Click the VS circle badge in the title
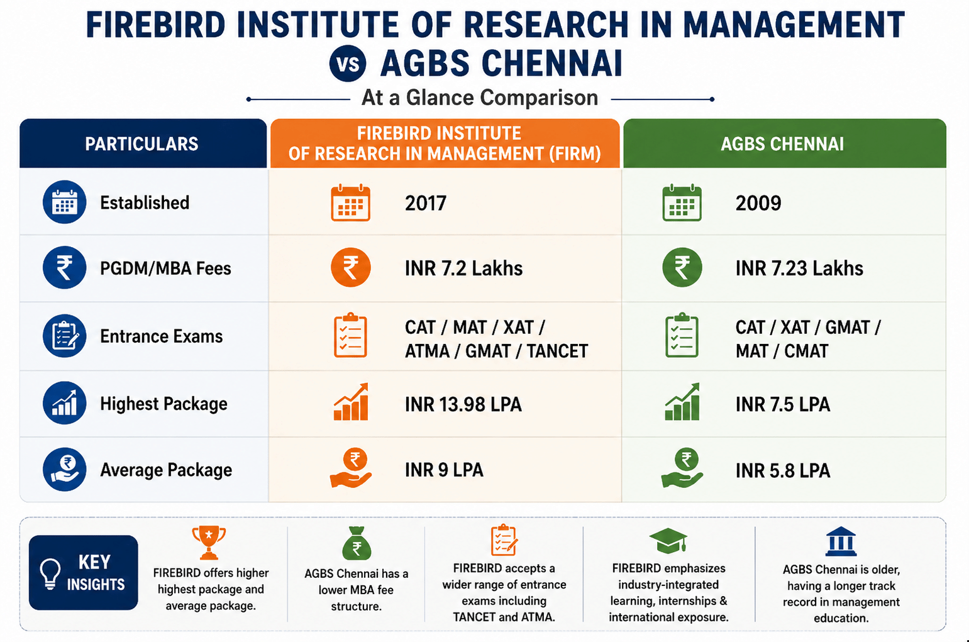pyautogui.click(x=347, y=64)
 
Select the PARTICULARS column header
pyautogui.click(x=143, y=143)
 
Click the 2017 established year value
pyautogui.click(x=425, y=203)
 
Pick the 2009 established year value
pyautogui.click(x=758, y=203)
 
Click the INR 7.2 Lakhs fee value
pyautogui.click(x=463, y=268)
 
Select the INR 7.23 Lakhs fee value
pyautogui.click(x=799, y=268)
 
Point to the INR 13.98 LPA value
pyautogui.click(x=463, y=404)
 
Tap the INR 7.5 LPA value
pyautogui.click(x=783, y=404)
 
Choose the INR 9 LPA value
pyautogui.click(x=444, y=470)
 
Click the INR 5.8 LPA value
pyautogui.click(x=783, y=471)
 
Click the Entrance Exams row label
pyautogui.click(x=162, y=336)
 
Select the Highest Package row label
pyautogui.click(x=163, y=404)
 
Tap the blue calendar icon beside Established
pyautogui.click(x=65, y=202)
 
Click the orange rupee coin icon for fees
pyautogui.click(x=350, y=267)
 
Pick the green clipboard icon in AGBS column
pyautogui.click(x=682, y=335)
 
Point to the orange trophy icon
pyautogui.click(x=209, y=543)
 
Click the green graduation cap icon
pyautogui.click(x=668, y=541)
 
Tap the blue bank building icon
pyautogui.click(x=841, y=541)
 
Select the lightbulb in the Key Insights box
pyautogui.click(x=50, y=573)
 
